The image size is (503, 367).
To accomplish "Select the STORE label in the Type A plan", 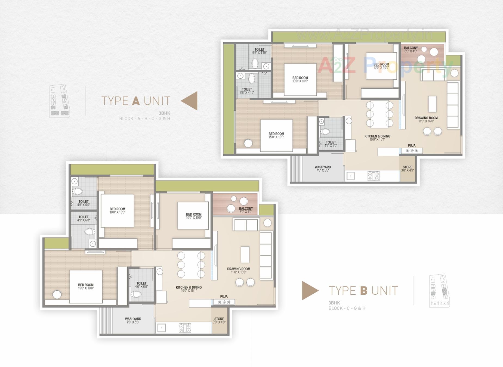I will click(407, 169).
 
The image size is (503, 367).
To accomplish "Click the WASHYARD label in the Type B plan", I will click(133, 321).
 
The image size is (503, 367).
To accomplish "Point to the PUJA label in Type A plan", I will click(412, 146).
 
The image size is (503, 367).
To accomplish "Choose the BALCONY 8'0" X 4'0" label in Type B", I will click(246, 210).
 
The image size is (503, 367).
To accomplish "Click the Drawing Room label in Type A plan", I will click(426, 120).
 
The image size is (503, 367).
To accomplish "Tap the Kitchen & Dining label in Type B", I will click(189, 289).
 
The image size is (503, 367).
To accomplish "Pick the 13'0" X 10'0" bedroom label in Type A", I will click(300, 79).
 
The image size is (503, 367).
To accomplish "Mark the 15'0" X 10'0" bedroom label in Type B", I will click(86, 287).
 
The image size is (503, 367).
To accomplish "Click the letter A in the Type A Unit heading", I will click(136, 101).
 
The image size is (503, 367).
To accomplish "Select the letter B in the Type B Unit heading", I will click(364, 291).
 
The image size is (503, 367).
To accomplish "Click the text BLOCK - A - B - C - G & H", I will click(144, 119).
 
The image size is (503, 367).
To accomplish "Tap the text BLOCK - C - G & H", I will click(347, 308).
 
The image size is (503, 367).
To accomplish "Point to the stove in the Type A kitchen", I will click(374, 176).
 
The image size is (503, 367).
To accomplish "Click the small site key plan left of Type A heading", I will click(60, 101).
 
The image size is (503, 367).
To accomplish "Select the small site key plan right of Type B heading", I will click(439, 291).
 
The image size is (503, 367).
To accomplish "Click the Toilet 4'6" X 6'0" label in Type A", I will click(331, 144).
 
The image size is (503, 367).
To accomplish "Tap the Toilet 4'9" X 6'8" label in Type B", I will click(84, 219).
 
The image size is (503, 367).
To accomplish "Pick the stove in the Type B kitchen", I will click(185, 328).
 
